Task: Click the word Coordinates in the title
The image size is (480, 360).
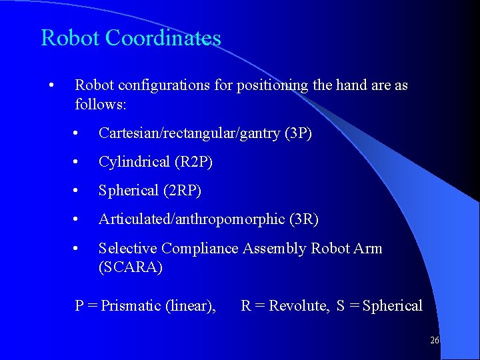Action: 163,38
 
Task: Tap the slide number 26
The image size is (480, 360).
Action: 435,340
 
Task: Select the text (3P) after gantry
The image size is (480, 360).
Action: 298,133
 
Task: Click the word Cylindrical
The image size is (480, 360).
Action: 135,162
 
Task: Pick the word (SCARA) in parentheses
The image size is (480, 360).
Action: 131,267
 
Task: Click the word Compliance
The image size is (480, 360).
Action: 199,249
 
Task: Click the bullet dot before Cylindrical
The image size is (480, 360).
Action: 78,162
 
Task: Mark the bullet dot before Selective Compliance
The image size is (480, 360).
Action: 78,249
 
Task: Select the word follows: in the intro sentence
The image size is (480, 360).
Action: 101,105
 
